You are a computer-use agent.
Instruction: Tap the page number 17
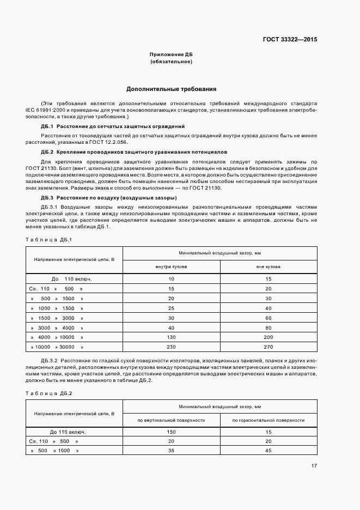(x=314, y=465)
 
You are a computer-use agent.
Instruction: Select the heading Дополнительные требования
(x=172, y=88)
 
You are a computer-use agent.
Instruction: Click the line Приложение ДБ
(x=171, y=55)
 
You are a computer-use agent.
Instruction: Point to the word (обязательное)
(x=171, y=62)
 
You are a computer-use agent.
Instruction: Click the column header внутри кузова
(x=171, y=267)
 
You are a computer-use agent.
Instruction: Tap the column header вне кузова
(x=268, y=267)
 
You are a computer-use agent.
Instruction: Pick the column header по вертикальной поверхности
(x=171, y=420)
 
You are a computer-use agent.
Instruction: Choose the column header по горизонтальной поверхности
(x=268, y=420)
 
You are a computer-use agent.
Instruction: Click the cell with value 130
(x=171, y=337)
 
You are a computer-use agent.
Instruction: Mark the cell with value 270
(x=268, y=347)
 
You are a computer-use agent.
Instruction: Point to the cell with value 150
(x=171, y=432)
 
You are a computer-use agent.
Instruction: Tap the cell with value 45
(x=268, y=451)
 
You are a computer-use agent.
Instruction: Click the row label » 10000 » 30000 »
(x=57, y=347)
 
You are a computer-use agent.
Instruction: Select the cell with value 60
(x=268, y=318)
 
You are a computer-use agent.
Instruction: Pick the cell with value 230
(x=171, y=347)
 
